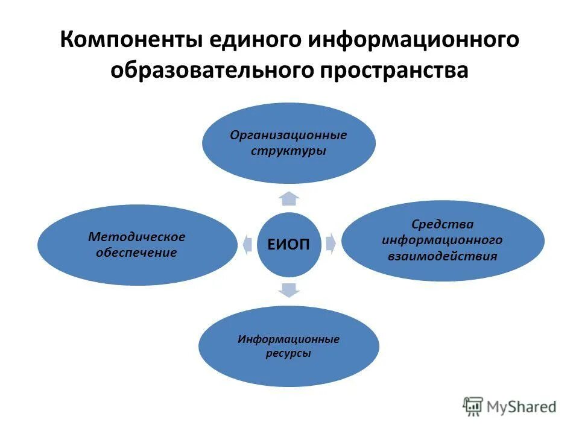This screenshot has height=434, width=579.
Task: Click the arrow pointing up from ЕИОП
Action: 289,197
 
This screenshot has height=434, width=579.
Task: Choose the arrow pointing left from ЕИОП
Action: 247,244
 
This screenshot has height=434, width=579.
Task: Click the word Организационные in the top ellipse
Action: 288,134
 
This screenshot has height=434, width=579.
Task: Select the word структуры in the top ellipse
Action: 288,151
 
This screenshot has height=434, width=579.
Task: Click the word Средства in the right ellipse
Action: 442,224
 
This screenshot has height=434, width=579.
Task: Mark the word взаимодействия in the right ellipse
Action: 442,256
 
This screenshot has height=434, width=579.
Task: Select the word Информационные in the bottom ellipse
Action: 288,339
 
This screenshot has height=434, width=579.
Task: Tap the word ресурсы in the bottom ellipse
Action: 288,354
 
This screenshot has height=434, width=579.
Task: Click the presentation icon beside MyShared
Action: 473,407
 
